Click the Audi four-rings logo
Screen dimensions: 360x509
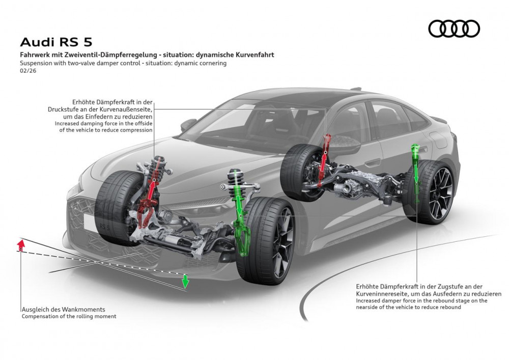(454, 29)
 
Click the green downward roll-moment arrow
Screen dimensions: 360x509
(186, 281)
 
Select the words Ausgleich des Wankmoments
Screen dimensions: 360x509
(63, 309)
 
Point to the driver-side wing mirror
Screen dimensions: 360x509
(188, 124)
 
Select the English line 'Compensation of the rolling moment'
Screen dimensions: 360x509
(69, 316)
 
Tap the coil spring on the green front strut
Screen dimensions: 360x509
(235, 179)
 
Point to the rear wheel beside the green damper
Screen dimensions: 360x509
(433, 191)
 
